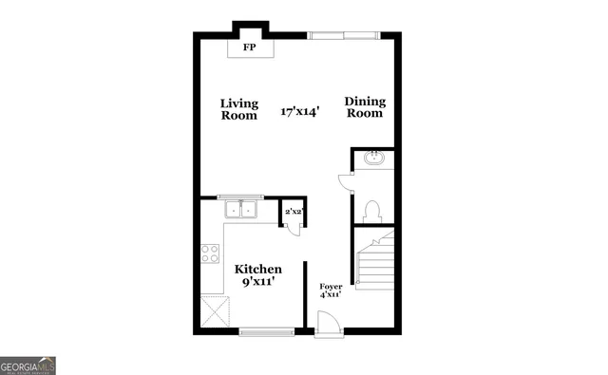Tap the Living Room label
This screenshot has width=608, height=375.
point(239,109)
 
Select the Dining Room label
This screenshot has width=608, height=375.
point(364,107)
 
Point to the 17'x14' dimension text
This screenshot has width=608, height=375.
point(300,111)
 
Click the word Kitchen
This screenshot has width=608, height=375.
point(258,270)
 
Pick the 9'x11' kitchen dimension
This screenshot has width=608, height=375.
point(258,283)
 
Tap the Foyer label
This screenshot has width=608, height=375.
point(331,286)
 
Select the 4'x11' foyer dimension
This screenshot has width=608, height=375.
point(331,295)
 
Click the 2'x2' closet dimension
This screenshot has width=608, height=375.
point(293,212)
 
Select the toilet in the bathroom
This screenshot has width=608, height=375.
point(372,210)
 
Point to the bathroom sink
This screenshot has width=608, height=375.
point(373,158)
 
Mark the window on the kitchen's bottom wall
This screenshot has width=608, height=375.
point(266,330)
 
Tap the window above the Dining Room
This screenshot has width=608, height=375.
point(340,36)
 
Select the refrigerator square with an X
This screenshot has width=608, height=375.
point(216,310)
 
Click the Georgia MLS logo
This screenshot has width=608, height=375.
point(28,365)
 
